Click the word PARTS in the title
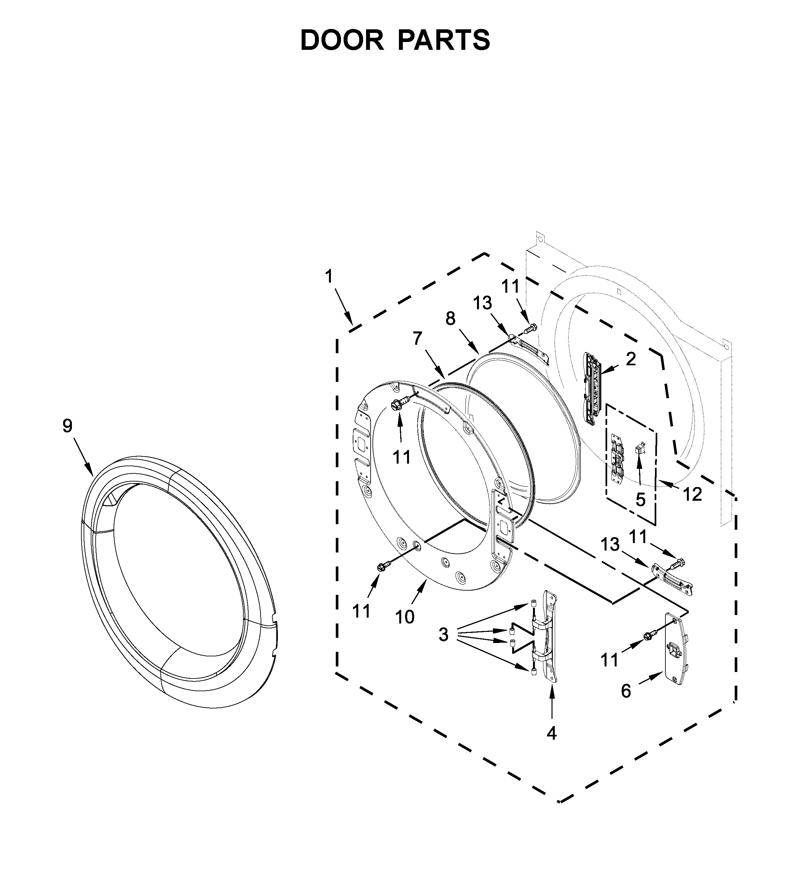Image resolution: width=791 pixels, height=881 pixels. [444, 40]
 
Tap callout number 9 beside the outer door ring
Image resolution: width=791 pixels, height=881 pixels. [67, 426]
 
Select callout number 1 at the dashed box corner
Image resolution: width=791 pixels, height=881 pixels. [329, 276]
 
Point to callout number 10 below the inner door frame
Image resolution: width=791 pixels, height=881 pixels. [405, 616]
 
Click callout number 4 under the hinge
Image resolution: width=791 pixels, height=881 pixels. [552, 733]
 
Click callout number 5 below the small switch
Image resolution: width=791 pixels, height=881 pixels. [641, 500]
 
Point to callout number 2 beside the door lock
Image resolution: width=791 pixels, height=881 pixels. [631, 359]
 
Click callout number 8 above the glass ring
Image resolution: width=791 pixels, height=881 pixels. [451, 319]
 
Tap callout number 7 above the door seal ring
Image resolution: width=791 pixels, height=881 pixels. [417, 338]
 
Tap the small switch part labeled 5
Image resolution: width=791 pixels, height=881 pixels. [639, 449]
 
